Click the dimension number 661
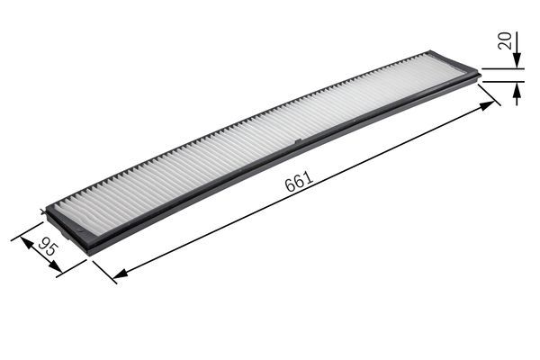pos(298,182)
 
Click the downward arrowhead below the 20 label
pos(517,62)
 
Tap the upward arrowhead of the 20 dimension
pos(517,87)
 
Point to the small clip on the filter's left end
pos(44,212)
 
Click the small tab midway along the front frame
pos(296,142)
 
